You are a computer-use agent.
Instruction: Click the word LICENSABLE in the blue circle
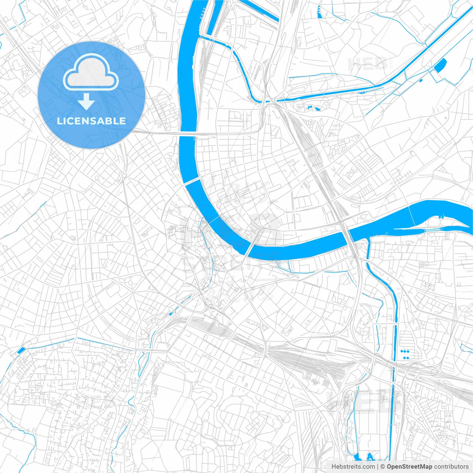[91, 121]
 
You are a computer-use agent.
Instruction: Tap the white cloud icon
[91, 72]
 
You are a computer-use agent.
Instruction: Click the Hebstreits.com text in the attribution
[353, 467]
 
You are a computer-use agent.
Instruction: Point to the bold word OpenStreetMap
[409, 467]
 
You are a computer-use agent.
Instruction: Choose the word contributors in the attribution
[451, 467]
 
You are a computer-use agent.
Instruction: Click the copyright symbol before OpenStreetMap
[382, 467]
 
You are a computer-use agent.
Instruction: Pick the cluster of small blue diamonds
[405, 354]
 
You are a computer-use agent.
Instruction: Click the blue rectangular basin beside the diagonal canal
[440, 65]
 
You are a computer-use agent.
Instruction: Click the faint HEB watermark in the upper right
[367, 64]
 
